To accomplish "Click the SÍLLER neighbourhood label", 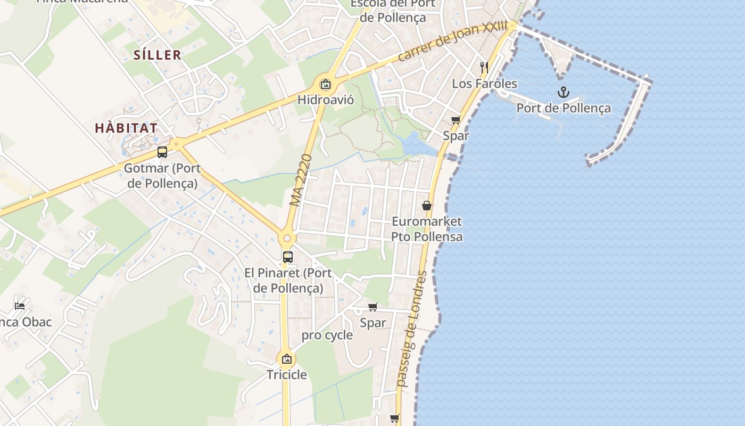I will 158,55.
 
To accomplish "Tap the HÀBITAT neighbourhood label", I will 126,128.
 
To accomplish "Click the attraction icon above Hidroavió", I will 325,84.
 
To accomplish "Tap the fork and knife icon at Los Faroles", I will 484,67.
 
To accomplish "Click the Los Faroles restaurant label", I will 484,84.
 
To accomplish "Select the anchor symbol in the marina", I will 563,92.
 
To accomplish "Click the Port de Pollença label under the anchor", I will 564,109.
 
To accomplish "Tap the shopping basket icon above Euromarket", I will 427,205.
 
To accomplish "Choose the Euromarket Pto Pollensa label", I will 427,229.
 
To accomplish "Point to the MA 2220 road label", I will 301,180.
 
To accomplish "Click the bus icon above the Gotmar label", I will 162,152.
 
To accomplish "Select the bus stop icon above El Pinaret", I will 288,257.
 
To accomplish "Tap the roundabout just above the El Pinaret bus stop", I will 287,239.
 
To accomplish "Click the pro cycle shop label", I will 327,335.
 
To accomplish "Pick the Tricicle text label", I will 287,375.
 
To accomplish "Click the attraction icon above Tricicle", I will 287,359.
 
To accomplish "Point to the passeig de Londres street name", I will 412,329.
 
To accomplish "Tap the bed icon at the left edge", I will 20,306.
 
